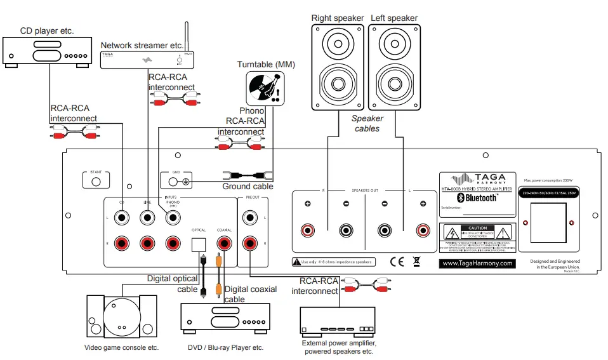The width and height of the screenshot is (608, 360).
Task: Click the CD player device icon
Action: coord(48,50)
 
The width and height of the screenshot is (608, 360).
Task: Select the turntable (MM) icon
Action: coord(265,88)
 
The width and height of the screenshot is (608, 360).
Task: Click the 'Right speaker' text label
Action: coord(338,18)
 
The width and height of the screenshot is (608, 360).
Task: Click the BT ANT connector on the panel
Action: coord(96,181)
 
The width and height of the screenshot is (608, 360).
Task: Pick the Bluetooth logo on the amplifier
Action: coord(477,198)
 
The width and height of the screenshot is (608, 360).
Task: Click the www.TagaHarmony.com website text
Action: coord(477,263)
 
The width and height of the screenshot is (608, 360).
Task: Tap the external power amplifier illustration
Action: coord(339,323)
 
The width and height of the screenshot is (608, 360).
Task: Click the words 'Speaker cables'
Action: coord(367,123)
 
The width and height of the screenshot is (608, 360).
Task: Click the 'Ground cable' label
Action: coord(248,187)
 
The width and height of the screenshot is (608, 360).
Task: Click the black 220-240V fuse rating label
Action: coord(549,192)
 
